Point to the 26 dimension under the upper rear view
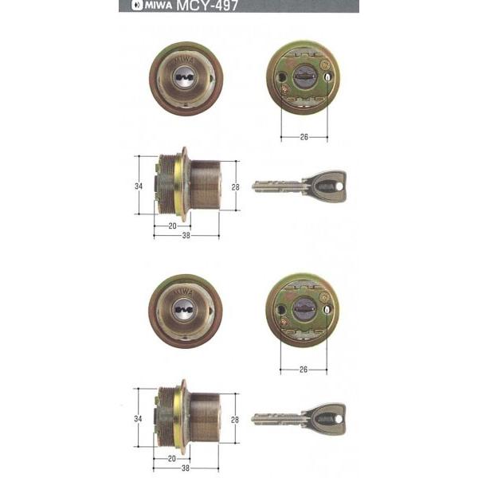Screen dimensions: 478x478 (304, 136)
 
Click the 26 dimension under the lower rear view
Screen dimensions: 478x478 (304, 369)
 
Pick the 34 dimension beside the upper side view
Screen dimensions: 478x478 (139, 186)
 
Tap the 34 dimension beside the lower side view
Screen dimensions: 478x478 (139, 419)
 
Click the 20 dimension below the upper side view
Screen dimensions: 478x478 (173, 225)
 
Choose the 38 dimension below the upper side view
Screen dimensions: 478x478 (186, 236)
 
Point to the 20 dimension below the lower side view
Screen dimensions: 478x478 (173, 459)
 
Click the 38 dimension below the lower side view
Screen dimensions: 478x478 (186, 469)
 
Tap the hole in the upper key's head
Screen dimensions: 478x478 (339, 185)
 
